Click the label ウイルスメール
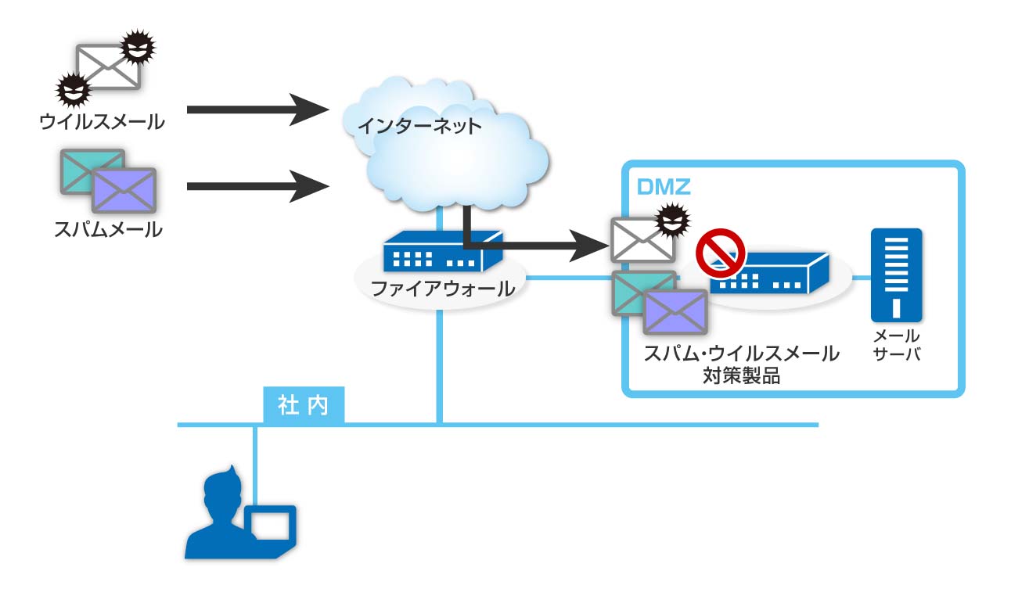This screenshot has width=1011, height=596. (103, 122)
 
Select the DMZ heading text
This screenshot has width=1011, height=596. (664, 188)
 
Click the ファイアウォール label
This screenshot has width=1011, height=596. (442, 289)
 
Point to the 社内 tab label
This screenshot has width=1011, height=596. (303, 407)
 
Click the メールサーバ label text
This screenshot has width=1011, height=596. (896, 344)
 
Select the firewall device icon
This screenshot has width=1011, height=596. (442, 251)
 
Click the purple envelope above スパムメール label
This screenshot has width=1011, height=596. (124, 189)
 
